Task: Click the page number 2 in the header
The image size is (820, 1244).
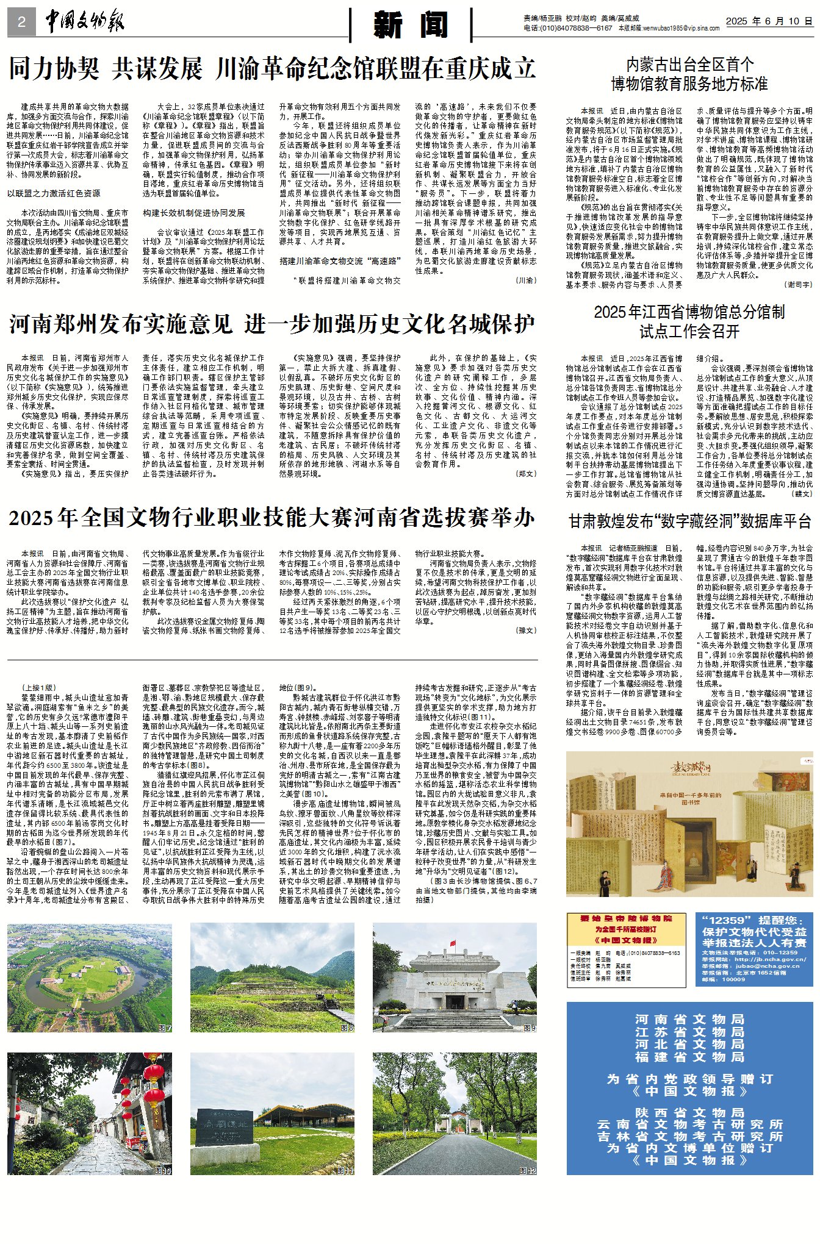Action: click(x=21, y=23)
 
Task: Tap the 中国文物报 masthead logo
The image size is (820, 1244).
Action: click(x=85, y=22)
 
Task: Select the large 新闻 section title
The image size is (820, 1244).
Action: click(x=411, y=24)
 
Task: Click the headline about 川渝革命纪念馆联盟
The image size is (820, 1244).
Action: click(x=272, y=69)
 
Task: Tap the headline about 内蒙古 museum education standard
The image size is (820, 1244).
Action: click(x=689, y=74)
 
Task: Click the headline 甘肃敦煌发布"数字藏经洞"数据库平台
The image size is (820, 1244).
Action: click(x=689, y=521)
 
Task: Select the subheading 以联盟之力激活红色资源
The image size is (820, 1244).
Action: click(x=54, y=193)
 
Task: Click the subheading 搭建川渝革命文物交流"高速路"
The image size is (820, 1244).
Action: click(x=340, y=261)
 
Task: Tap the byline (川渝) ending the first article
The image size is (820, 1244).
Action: click(x=525, y=281)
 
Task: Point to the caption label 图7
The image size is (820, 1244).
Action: click(x=165, y=1028)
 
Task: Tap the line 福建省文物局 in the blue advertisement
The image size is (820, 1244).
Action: click(x=689, y=1057)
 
